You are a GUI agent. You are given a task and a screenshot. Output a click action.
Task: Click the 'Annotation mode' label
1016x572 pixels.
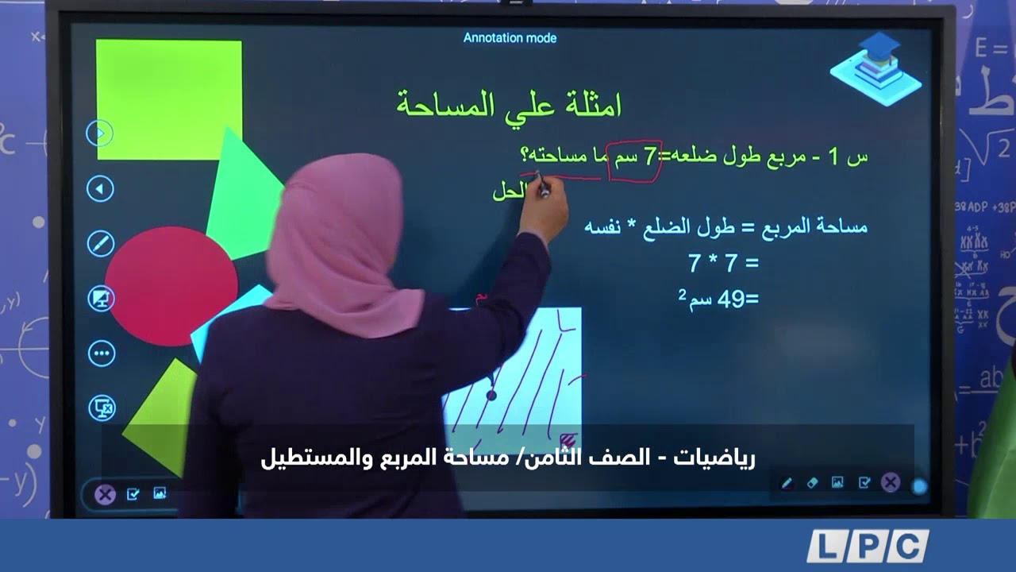click(510, 38)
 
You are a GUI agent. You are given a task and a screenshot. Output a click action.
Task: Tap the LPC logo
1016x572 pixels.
click(868, 547)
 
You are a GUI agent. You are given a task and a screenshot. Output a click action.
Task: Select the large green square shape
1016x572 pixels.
click(168, 99)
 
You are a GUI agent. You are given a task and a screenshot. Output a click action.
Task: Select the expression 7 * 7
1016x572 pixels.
click(723, 263)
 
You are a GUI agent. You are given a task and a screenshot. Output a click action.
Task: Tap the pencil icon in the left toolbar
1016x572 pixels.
click(101, 243)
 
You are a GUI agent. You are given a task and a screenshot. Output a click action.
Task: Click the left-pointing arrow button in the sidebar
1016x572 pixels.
click(100, 189)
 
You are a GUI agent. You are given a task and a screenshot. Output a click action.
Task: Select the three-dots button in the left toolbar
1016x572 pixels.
click(102, 354)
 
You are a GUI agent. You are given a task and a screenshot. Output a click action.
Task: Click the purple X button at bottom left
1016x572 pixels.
click(105, 495)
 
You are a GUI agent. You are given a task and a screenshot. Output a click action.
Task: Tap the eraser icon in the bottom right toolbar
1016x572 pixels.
click(812, 483)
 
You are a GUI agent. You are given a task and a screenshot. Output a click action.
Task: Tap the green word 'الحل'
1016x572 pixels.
click(509, 191)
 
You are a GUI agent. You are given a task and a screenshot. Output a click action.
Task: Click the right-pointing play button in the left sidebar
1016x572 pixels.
click(100, 133)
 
